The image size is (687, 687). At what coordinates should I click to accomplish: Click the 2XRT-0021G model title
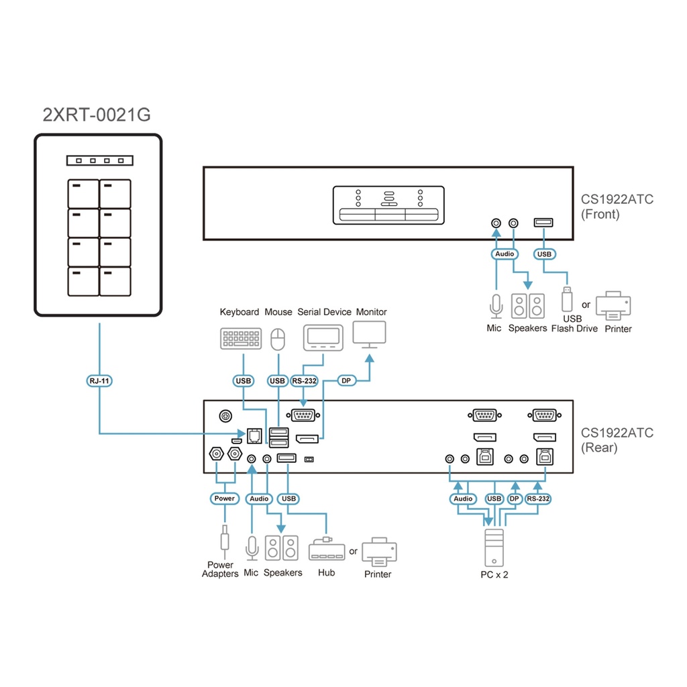pos(97,115)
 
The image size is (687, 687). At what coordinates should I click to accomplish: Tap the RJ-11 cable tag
pos(99,381)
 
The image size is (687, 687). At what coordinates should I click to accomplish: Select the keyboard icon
pos(241,338)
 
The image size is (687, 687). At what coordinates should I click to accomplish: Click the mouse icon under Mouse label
pos(278,339)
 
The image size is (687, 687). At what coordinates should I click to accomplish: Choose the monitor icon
pos(369,334)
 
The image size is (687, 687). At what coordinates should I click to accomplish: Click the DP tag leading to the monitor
pos(346,381)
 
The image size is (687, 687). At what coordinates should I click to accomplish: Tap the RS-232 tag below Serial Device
pos(304,381)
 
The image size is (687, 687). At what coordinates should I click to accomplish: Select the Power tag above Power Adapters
pos(224,498)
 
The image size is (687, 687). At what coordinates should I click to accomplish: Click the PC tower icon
pos(494,548)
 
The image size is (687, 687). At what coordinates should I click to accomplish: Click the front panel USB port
pos(543,222)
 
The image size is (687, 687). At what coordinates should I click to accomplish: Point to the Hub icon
pos(326,549)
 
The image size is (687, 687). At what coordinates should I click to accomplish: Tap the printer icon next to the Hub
pos(379,551)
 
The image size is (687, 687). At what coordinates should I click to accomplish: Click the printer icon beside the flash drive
pos(613,306)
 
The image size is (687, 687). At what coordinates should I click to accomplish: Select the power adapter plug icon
pos(224,540)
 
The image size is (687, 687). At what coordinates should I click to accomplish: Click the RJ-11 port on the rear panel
pos(254,435)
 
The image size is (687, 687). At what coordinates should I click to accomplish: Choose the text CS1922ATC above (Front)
pos(617,199)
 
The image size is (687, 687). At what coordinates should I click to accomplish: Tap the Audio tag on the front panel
pos(505,254)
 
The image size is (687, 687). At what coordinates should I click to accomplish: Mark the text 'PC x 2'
pos(494,575)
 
